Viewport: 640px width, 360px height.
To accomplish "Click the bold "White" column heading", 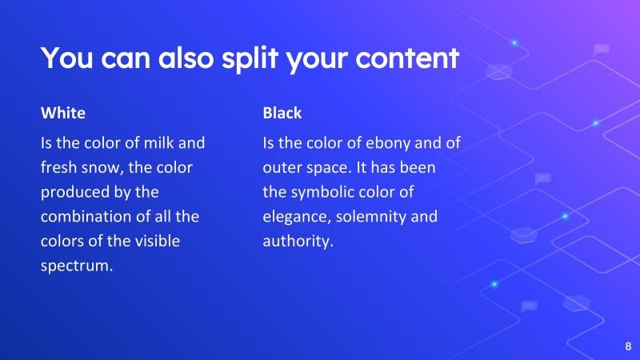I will point(62,113).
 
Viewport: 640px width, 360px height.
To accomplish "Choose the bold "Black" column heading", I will point(282,113).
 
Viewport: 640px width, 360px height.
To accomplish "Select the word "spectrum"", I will point(76,266).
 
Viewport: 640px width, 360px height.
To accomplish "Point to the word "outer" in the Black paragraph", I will point(281,169).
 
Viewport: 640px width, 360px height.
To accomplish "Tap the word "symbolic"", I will point(322,193).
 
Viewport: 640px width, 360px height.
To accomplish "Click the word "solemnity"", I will point(372,217).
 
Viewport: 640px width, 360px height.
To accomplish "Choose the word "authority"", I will point(297,241).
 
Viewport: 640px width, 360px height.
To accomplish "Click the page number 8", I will point(627,346).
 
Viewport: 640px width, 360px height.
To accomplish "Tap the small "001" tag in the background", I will point(602,50).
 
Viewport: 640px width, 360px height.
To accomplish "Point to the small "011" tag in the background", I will point(543,178).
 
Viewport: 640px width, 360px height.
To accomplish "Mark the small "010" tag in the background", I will point(529,306).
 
